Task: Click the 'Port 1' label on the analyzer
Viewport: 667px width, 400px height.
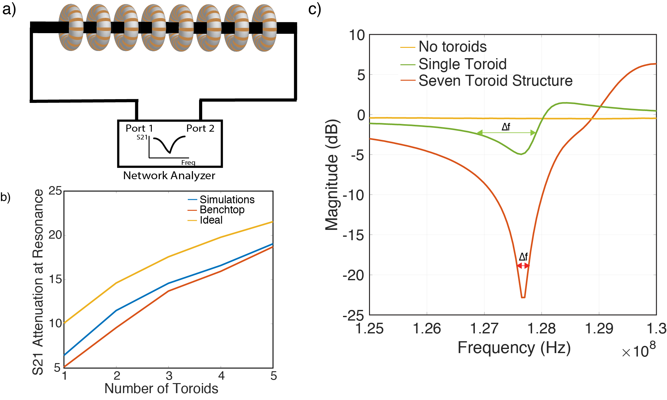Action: (139, 128)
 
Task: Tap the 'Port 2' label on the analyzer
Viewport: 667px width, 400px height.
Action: (200, 128)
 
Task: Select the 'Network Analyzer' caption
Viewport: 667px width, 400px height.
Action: (169, 175)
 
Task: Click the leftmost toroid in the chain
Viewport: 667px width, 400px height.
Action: (71, 28)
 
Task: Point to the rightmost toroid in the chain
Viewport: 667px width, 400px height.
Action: (264, 28)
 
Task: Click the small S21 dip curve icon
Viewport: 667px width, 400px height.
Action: (169, 144)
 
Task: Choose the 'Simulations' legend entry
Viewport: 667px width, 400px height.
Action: (227, 200)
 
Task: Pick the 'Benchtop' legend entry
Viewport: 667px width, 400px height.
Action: (222, 210)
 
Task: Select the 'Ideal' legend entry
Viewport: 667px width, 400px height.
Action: (211, 220)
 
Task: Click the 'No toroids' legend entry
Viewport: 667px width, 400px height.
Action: (452, 47)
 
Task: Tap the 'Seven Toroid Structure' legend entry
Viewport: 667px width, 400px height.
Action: (495, 81)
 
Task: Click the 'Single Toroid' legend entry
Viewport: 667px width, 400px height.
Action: (462, 64)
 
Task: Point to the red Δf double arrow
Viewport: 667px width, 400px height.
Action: (523, 266)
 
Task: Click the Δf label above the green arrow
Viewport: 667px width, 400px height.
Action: (506, 127)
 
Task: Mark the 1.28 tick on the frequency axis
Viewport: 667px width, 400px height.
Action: (541, 328)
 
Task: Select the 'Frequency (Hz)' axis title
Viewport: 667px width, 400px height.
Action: (514, 347)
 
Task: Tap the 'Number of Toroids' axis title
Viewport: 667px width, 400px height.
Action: (161, 388)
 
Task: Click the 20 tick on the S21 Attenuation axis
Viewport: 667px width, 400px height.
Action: (55, 235)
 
